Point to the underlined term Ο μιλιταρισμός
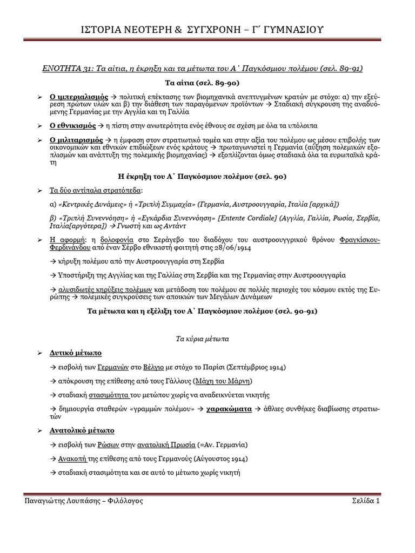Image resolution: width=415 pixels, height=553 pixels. pyautogui.click(x=76, y=140)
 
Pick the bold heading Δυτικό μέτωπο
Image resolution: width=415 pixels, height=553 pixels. pyautogui.click(x=76, y=353)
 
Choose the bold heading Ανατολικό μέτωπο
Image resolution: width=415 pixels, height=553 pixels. pyautogui.click(x=82, y=431)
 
